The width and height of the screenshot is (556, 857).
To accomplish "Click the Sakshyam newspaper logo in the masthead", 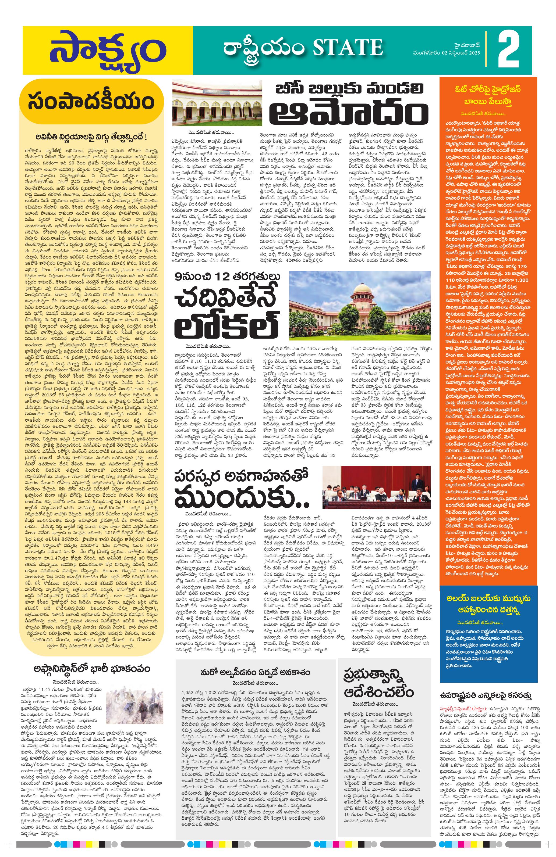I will pos(107,50).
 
